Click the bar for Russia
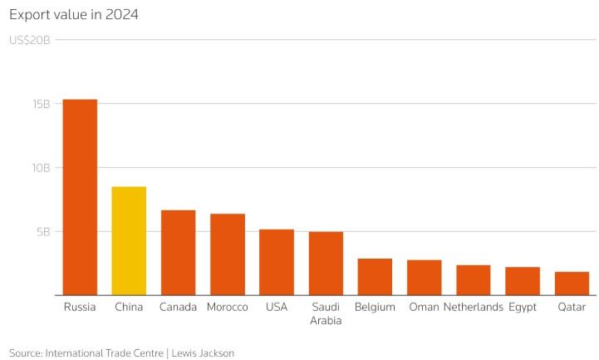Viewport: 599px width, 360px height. [x=80, y=197]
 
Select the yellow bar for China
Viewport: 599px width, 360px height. [x=129, y=240]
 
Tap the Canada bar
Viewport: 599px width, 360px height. [x=178, y=252]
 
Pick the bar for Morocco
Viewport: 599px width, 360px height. [x=227, y=254]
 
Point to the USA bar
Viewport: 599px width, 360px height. [x=277, y=262]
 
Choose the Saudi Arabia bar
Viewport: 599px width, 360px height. [x=326, y=263]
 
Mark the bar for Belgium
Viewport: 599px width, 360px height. [x=375, y=276]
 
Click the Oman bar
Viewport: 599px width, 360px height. [x=424, y=277]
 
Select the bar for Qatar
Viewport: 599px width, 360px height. [x=572, y=283]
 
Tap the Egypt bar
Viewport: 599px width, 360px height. [x=523, y=280]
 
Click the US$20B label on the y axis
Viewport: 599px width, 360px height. [x=30, y=40]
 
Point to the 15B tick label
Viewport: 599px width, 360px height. [x=42, y=104]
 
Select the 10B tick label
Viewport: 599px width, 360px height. [x=42, y=168]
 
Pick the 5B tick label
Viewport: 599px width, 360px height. [x=45, y=232]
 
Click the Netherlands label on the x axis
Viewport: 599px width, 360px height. [x=474, y=307]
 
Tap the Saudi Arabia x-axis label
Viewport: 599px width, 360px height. [x=326, y=313]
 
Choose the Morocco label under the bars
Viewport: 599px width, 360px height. [x=227, y=307]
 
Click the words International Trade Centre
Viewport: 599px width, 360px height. [x=105, y=353]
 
